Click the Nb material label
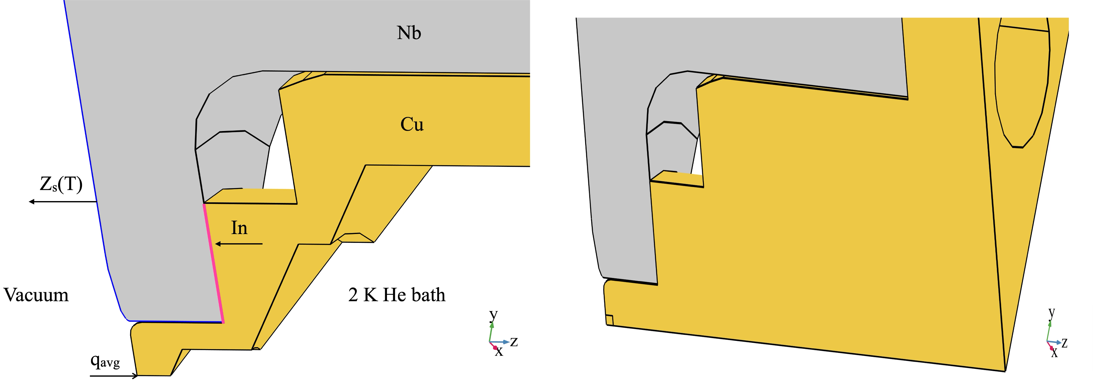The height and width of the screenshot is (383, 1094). click(409, 33)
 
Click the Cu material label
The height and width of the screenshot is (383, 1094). click(411, 124)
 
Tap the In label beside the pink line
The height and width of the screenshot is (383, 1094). click(239, 228)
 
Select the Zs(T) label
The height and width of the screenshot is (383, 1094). click(61, 184)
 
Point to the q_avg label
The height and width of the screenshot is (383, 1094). click(105, 361)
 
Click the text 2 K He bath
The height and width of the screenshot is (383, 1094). click(397, 295)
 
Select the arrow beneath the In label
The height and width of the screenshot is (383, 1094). click(239, 244)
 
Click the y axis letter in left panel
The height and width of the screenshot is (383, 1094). click(493, 315)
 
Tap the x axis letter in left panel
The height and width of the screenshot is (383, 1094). click(499, 352)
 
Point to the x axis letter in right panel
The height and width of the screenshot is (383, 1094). click(1054, 353)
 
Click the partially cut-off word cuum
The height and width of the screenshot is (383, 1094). click(47, 295)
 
